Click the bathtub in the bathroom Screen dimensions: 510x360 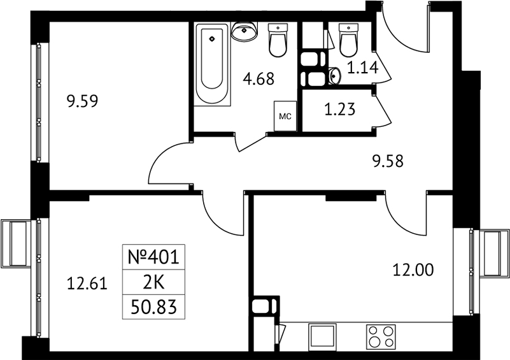(212, 64)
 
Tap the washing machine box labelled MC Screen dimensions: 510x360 (285, 116)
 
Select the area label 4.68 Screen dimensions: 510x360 (259, 79)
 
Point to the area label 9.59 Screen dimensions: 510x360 (82, 101)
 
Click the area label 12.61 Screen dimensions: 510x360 (87, 283)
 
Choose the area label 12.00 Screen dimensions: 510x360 (413, 270)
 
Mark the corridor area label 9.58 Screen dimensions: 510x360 (388, 161)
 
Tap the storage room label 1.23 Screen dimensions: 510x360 (340, 110)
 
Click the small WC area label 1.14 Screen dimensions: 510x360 (363, 68)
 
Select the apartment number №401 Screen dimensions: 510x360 (153, 257)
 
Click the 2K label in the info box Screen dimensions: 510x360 (153, 282)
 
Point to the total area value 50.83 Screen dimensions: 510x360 (153, 307)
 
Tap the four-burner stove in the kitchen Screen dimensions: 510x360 (381, 336)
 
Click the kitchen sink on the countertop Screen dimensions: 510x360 (322, 336)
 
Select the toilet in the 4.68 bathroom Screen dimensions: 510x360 (278, 40)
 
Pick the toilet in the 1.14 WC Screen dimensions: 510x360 (348, 40)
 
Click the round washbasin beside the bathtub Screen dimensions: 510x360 (244, 31)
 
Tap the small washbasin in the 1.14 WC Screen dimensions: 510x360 (334, 76)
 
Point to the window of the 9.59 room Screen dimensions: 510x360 (38, 102)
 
